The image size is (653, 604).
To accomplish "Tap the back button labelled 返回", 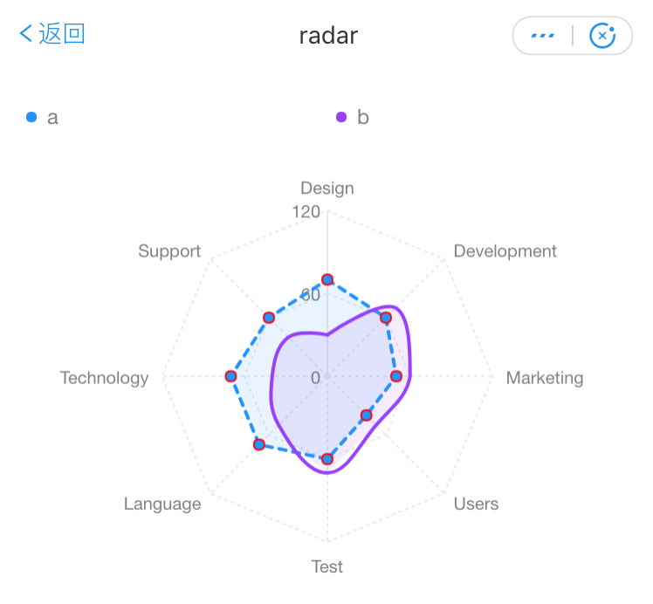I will click(52, 34).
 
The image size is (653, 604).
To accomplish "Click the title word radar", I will click(328, 35).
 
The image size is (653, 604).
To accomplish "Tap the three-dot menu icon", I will click(542, 36).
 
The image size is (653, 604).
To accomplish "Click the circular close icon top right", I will click(602, 36).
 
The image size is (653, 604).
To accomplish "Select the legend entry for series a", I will click(43, 117).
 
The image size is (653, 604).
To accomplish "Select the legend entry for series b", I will click(353, 117).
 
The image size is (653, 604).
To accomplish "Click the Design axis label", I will click(327, 188).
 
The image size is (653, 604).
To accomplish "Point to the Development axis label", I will click(505, 251).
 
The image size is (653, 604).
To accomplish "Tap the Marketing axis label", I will click(545, 378).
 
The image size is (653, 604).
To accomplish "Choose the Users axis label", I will click(476, 504).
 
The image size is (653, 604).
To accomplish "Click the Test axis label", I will click(327, 566).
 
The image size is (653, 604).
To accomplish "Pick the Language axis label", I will click(162, 504).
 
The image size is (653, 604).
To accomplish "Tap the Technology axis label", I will click(104, 378).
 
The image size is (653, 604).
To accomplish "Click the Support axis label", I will click(169, 251).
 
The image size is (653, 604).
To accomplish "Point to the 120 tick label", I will click(306, 211).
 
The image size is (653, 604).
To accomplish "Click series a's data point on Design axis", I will click(327, 279).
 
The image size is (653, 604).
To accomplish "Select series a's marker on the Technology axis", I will click(230, 376).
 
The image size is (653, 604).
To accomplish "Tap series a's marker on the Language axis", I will click(258, 444).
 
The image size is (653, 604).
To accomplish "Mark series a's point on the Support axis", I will click(269, 317).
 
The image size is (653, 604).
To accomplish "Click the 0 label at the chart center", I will click(315, 378).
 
